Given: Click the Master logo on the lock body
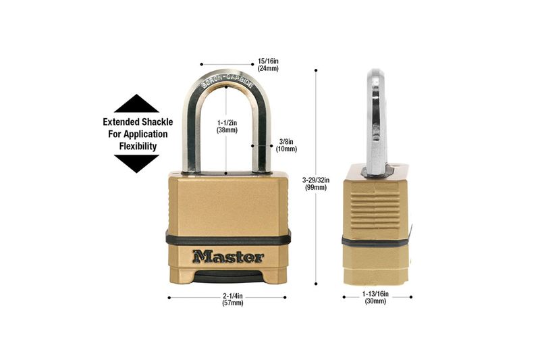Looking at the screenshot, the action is pos(228,257).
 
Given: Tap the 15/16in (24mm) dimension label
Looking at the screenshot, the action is pos(268,65).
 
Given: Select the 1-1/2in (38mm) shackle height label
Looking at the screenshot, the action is pos(227,126).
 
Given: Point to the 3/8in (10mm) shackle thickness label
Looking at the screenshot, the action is pos(286,145).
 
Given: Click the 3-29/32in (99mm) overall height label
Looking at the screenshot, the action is pos(316,184).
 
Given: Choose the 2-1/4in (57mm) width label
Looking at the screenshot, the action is pos(233,299).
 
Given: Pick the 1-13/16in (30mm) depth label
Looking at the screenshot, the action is pos(375,298).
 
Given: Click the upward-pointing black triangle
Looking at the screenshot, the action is pos(136,103).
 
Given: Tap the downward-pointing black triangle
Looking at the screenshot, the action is pos(136,163).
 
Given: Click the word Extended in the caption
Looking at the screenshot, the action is pos(121,122).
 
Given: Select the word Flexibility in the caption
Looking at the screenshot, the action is pos(138,147).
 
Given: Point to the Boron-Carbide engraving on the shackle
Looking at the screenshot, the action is pos(227,80).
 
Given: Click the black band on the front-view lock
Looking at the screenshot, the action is pos(228,238).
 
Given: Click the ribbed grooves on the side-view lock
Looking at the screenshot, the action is pos(375,209).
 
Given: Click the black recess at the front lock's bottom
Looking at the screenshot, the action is pos(227,277).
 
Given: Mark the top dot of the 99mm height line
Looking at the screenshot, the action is pos(316,70).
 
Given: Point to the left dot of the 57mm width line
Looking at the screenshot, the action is pos(169,298).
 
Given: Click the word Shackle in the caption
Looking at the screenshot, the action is pos(157,122).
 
